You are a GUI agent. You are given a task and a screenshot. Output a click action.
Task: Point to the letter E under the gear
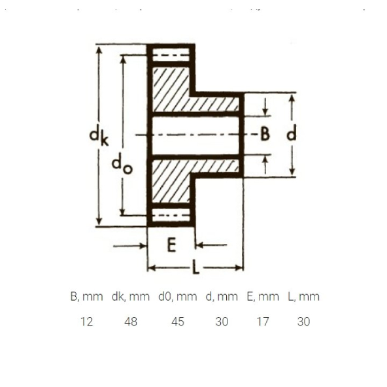[x=171, y=245]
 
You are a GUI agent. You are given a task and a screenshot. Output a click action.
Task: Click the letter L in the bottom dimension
[x=195, y=267]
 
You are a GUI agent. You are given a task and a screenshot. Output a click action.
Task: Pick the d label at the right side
[x=292, y=133]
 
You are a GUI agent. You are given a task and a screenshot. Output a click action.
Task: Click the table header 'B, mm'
[x=87, y=296]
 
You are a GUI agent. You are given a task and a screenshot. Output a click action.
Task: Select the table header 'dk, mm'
[x=131, y=296]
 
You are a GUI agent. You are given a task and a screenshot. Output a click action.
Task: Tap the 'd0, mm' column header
[x=177, y=296]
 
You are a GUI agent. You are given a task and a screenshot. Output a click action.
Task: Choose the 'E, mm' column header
[x=263, y=296]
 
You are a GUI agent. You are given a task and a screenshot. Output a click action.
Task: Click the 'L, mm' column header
[x=303, y=296]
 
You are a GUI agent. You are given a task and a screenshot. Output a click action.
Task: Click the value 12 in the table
[x=87, y=322]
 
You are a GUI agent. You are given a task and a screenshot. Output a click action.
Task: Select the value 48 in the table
[x=131, y=322]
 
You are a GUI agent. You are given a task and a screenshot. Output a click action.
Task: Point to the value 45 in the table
[x=178, y=322]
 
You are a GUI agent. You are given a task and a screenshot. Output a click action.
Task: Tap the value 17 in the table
[x=263, y=322]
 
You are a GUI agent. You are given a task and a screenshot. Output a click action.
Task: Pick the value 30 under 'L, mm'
[x=303, y=322]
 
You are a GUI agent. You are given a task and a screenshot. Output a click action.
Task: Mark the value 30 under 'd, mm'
[x=222, y=322]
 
